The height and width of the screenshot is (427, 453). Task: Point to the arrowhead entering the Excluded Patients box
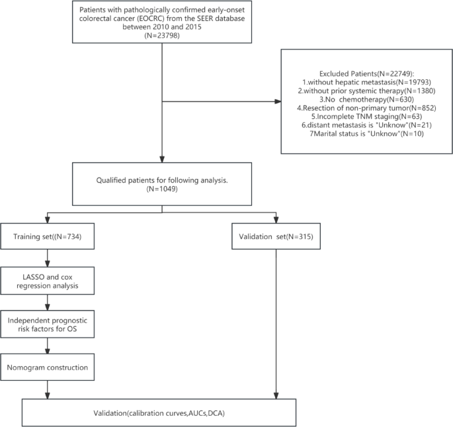point(278,102)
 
